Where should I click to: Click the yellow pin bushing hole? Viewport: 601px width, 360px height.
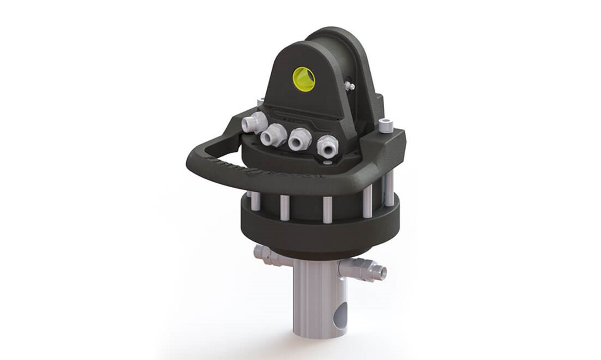coord(304,79)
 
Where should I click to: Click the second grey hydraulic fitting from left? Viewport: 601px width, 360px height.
coord(273,135)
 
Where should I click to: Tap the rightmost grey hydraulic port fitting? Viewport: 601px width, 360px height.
coord(327,147)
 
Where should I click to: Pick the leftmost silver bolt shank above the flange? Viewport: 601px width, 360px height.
coord(255,201)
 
